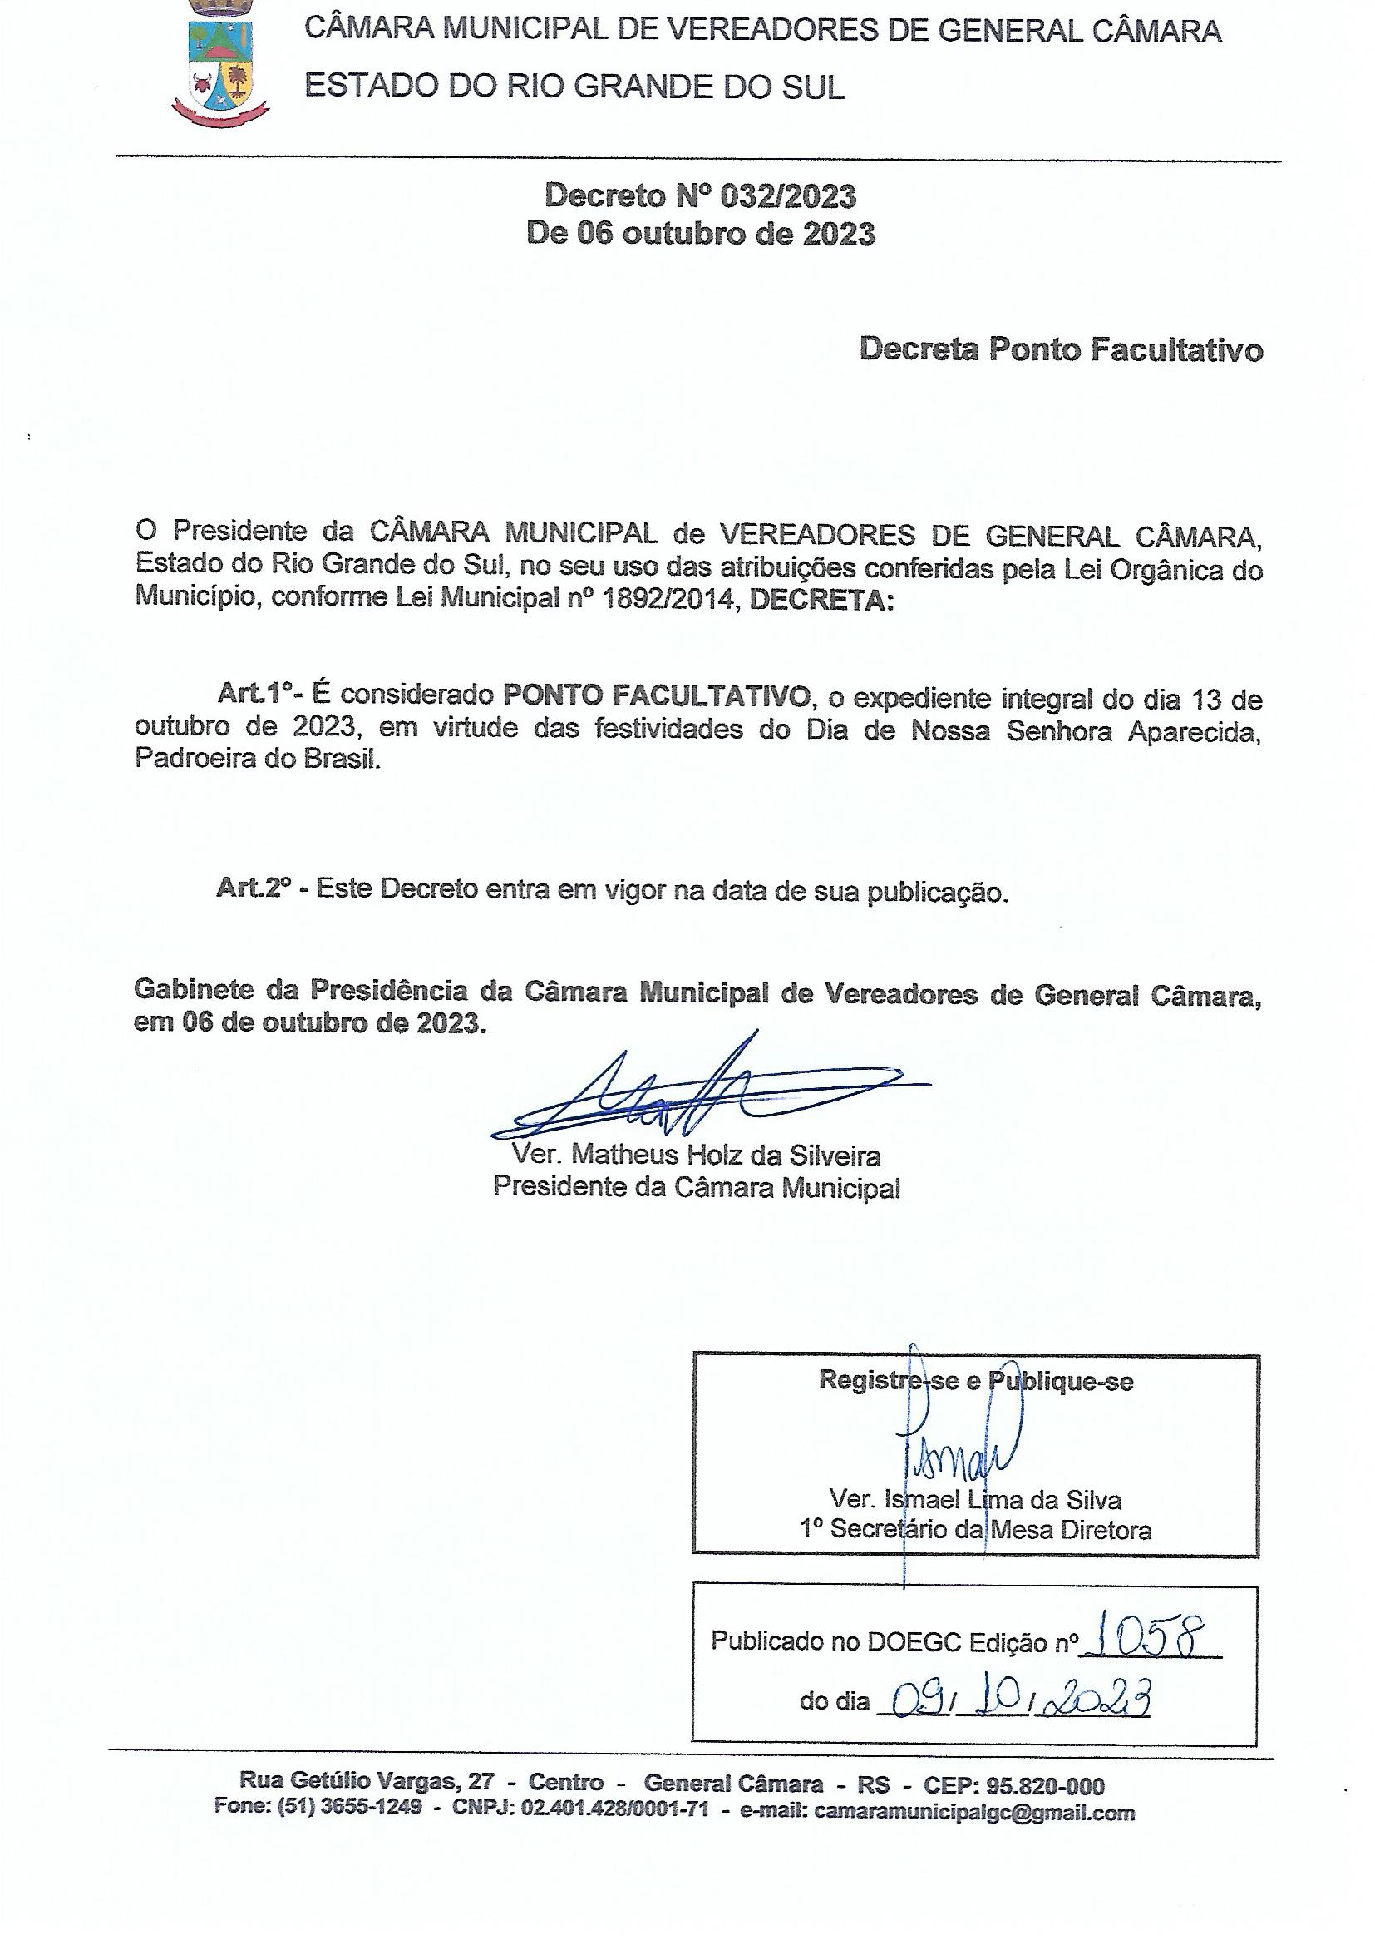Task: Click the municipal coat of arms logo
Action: point(220,63)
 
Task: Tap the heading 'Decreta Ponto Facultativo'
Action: point(1061,349)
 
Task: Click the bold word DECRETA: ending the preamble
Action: point(821,600)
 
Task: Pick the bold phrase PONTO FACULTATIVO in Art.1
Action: point(656,695)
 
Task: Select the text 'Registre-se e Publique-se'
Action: point(975,1381)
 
